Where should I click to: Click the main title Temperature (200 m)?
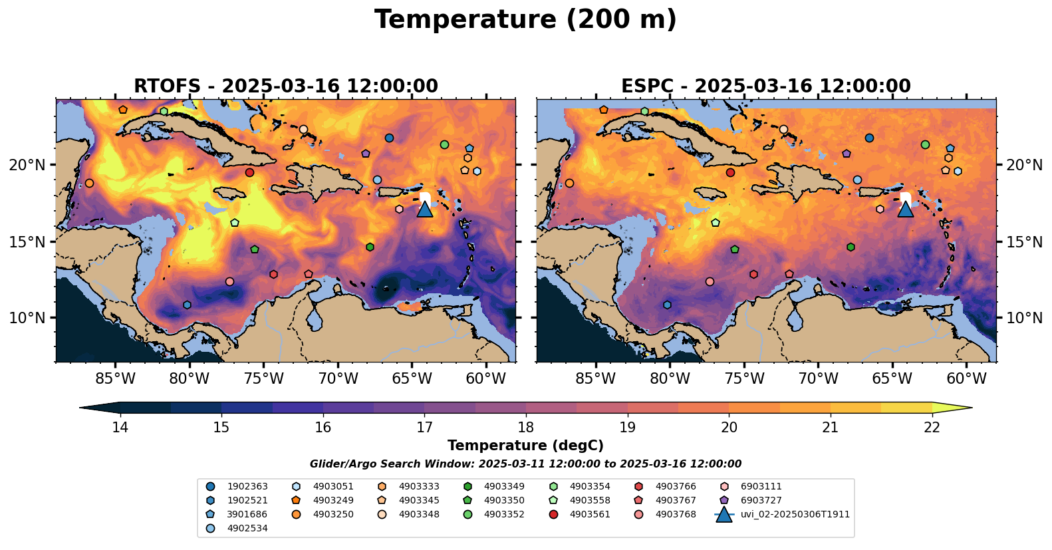click(x=525, y=20)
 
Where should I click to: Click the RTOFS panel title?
click(x=286, y=86)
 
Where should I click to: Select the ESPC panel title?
click(x=765, y=86)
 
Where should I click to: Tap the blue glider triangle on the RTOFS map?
click(x=425, y=209)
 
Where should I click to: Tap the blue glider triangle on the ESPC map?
click(x=905, y=209)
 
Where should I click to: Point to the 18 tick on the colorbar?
click(x=526, y=427)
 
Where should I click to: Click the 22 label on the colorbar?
click(x=932, y=427)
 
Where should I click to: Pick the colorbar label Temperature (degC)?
click(x=525, y=446)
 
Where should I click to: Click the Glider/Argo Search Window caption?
click(x=525, y=464)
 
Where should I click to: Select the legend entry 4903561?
click(x=590, y=514)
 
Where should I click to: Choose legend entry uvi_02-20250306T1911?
click(x=795, y=514)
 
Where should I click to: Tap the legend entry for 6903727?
click(x=761, y=500)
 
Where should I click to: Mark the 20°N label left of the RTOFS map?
click(x=28, y=165)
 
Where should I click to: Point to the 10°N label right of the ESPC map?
click(x=1024, y=318)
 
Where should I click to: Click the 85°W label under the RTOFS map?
click(x=115, y=379)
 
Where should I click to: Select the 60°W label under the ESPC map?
click(x=966, y=379)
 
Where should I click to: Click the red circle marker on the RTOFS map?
click(x=249, y=172)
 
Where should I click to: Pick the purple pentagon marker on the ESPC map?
click(x=846, y=154)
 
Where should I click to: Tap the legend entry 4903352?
click(x=504, y=514)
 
